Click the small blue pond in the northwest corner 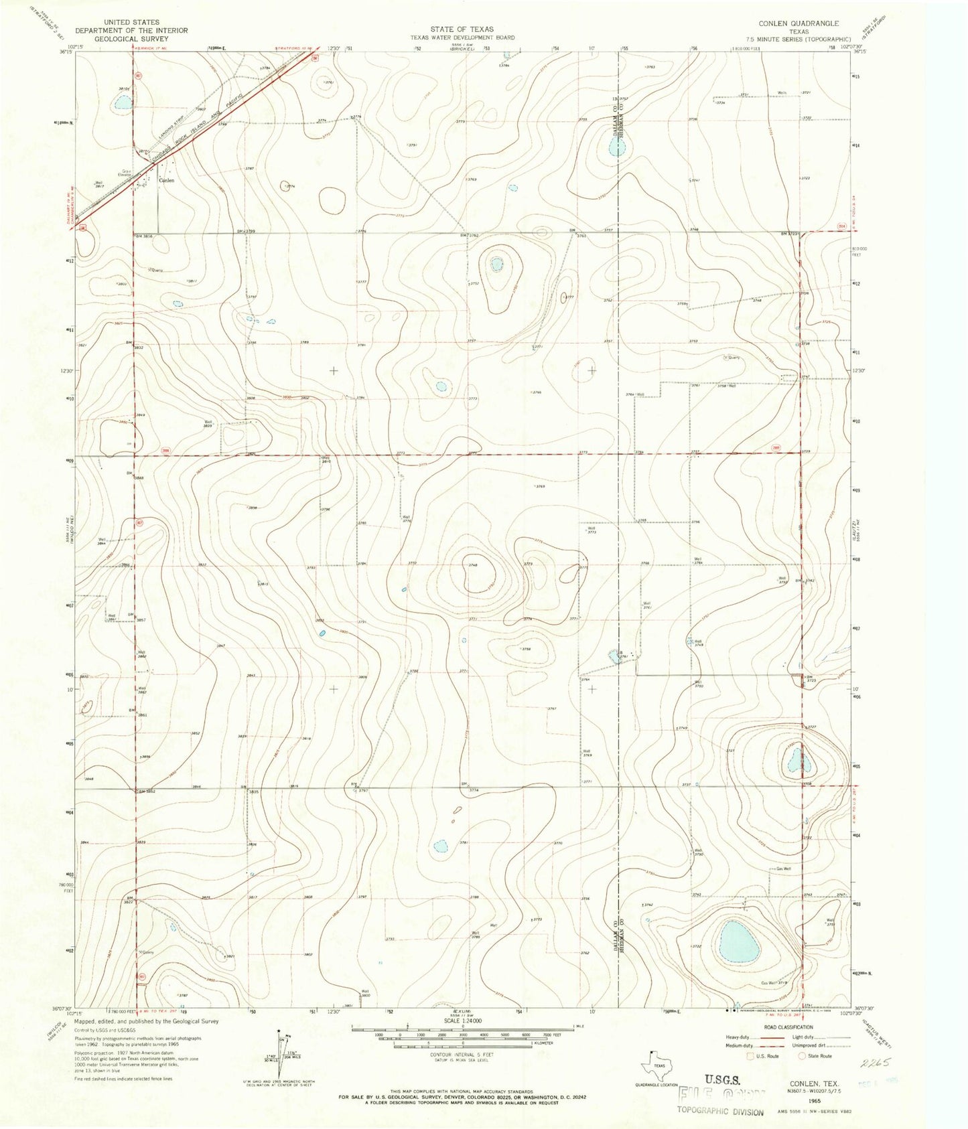click(x=123, y=102)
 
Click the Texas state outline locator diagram click(x=659, y=1065)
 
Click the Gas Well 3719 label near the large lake click(x=772, y=983)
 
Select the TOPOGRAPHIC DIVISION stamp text click(x=719, y=1112)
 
